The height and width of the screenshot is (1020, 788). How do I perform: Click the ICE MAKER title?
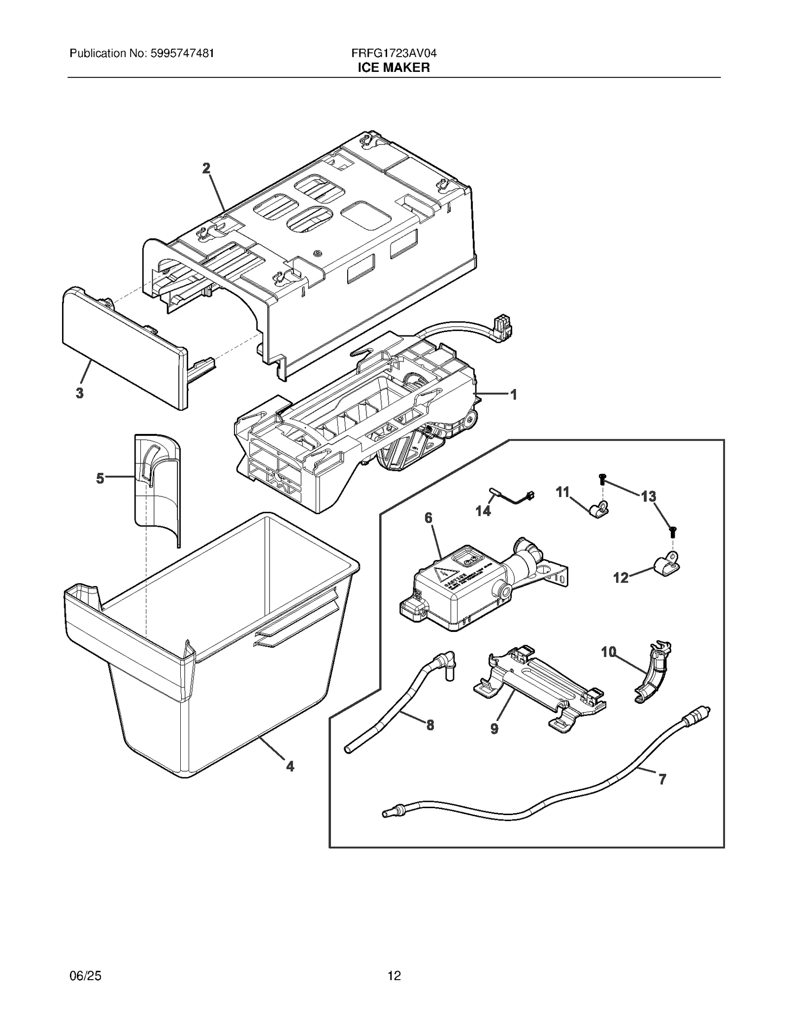point(394,67)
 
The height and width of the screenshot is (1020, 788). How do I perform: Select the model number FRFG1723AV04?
point(394,53)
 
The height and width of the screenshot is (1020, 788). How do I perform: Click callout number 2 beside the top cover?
point(206,168)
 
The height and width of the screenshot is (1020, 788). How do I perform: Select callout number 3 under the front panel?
point(79,393)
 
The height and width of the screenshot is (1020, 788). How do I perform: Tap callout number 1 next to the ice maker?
point(513,395)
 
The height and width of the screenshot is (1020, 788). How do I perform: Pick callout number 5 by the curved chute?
point(100,478)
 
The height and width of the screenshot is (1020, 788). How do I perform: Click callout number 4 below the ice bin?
point(290,766)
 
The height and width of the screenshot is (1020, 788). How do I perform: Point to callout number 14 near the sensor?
point(483,511)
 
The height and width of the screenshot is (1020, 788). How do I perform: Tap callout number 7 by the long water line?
point(662,779)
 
